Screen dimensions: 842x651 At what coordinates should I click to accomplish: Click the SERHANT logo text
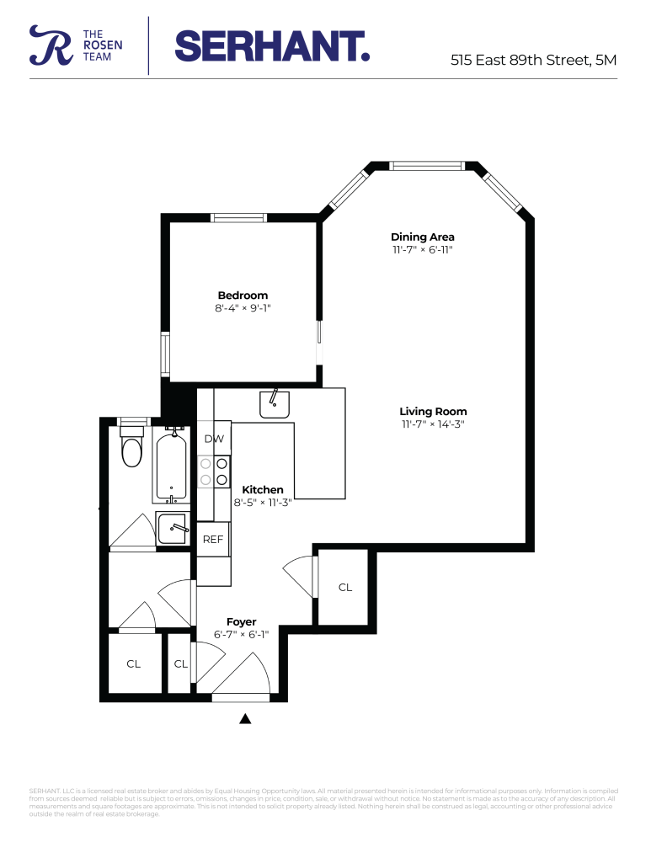271,45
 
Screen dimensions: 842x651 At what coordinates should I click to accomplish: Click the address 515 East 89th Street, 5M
534,60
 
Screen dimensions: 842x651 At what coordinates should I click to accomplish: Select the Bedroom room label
243,296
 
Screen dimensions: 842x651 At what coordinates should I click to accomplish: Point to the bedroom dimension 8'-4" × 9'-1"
243,309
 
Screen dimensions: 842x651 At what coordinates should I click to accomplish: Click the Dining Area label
422,237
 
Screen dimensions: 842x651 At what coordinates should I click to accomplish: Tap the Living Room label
433,412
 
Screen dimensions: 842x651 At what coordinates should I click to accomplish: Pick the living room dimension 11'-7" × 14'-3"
433,424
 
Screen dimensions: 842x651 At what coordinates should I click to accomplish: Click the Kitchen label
263,490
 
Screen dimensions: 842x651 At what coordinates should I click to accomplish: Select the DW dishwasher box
213,439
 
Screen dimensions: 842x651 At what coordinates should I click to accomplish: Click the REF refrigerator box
213,540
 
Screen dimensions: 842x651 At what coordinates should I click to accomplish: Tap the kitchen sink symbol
274,404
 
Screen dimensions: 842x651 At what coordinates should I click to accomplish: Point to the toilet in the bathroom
132,448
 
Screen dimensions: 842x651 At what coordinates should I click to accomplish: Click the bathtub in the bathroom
174,465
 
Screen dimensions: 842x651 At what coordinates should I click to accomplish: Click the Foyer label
241,622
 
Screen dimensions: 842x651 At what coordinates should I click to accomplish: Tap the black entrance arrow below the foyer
245,718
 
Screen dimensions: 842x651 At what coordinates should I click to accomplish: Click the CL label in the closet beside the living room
345,588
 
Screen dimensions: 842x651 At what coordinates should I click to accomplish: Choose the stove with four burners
213,472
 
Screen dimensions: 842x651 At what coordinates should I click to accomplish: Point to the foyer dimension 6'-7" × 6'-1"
241,635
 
